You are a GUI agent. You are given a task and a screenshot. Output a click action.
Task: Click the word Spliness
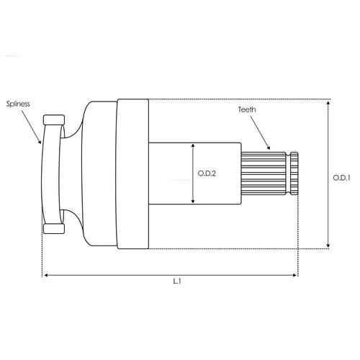18,104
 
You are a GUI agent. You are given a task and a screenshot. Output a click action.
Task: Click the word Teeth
247,109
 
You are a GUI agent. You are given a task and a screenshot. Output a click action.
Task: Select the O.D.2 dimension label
207,174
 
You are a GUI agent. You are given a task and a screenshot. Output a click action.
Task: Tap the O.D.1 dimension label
341,178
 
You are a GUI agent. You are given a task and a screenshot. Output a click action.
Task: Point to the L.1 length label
177,281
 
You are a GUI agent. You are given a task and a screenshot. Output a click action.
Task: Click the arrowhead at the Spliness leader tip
40,141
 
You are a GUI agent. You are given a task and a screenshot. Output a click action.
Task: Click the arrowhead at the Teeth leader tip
269,148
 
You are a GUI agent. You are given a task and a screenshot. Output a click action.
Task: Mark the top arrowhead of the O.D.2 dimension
193,145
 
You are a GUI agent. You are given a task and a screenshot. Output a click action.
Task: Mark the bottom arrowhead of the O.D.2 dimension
193,201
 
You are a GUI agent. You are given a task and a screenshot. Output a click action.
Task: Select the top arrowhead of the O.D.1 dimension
328,103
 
